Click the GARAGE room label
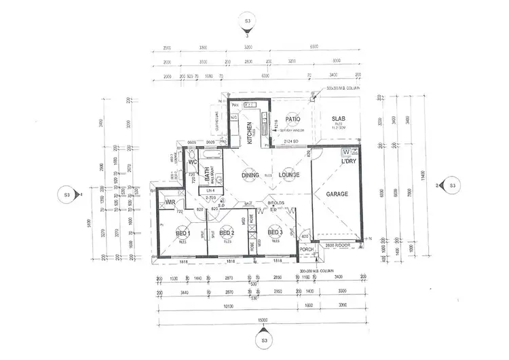tap(337, 194)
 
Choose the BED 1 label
tap(183, 233)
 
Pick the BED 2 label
tap(228, 234)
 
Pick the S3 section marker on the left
tap(67, 195)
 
